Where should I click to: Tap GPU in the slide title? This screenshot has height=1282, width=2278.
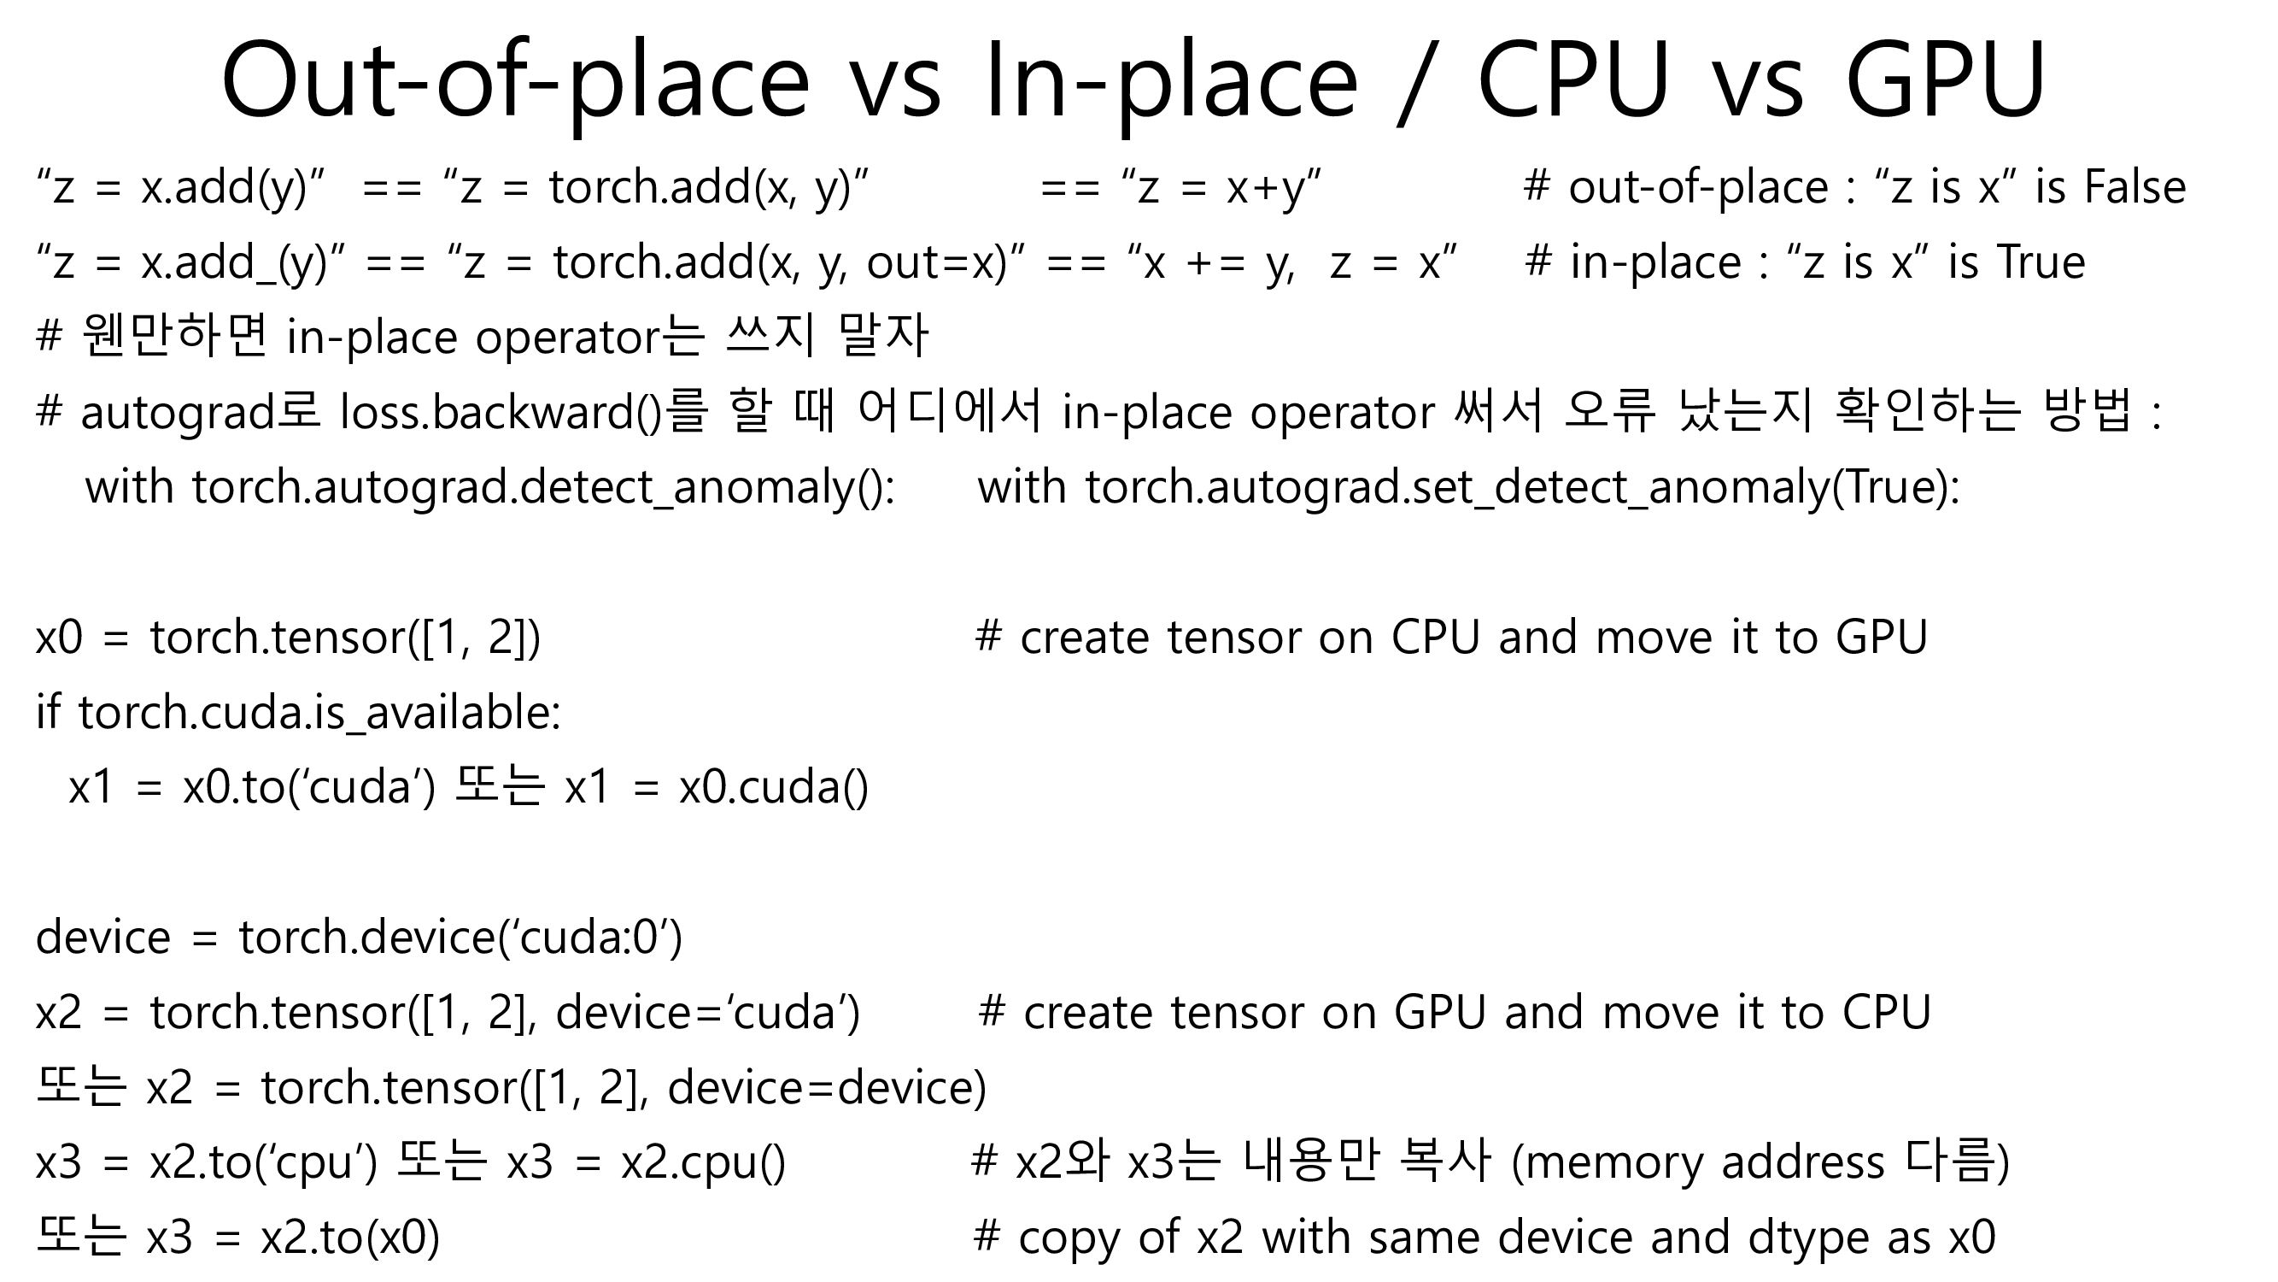[1945, 81]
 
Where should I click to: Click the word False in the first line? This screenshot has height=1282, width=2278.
[2135, 187]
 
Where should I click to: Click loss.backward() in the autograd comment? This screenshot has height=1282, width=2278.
[501, 413]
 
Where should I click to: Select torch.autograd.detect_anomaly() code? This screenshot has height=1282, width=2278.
[543, 487]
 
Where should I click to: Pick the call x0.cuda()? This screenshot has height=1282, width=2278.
[774, 787]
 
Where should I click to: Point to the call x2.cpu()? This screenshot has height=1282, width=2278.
[703, 1162]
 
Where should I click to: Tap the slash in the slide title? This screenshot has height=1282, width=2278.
[1416, 81]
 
